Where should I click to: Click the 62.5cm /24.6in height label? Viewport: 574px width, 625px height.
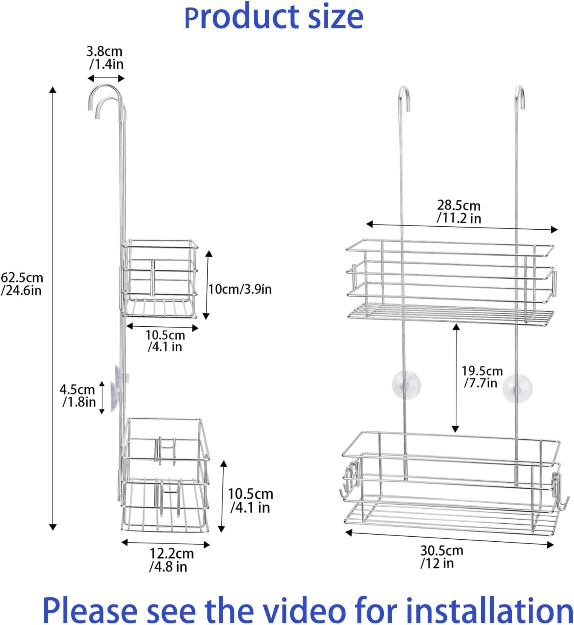[22, 284]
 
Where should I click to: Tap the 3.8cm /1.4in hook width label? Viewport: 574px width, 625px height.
[105, 58]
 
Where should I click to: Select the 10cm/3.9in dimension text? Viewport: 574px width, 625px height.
[240, 289]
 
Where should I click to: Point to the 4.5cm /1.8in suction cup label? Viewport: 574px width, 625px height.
[78, 396]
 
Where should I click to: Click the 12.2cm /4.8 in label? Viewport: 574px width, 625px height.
[171, 560]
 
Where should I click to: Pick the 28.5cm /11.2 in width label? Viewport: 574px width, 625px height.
[459, 212]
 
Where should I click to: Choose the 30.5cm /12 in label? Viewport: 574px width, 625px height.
[441, 556]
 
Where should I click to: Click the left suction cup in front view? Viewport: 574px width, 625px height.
[406, 385]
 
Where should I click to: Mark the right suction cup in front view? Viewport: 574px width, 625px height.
[517, 389]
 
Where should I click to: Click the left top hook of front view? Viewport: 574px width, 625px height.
[403, 98]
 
